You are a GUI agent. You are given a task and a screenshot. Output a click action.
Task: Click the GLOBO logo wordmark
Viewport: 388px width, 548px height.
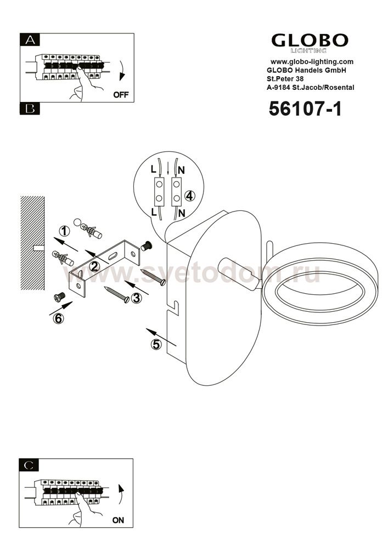point(310,41)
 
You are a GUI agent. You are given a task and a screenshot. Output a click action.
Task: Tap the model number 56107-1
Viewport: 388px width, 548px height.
point(305,109)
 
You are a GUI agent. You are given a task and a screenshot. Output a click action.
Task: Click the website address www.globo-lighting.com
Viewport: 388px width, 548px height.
point(312,62)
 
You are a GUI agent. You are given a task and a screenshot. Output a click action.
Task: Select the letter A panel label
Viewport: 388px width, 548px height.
point(30,40)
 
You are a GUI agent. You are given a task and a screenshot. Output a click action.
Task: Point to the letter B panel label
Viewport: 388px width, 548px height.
point(30,109)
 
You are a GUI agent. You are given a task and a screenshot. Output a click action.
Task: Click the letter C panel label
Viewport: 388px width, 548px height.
point(29,465)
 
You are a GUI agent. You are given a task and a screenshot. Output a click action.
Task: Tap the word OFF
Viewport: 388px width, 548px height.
point(121,95)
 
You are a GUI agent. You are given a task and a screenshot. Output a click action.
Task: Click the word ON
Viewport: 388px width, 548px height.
point(118,520)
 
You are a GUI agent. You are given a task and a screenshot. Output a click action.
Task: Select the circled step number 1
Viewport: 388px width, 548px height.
point(64,231)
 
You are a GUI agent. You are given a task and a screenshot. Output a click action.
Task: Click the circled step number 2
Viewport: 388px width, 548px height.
point(94,267)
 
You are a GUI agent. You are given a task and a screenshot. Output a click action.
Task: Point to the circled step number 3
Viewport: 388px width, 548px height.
point(136,298)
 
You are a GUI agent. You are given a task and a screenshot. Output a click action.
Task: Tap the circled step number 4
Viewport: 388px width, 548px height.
point(189,196)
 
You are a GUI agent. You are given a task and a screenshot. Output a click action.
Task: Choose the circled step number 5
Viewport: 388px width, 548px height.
point(156,344)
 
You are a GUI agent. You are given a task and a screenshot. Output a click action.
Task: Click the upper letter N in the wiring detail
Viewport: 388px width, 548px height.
point(181,170)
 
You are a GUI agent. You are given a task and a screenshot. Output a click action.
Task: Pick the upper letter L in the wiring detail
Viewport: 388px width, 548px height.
point(153,169)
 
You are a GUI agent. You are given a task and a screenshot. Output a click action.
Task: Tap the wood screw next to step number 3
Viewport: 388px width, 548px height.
point(117,294)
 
